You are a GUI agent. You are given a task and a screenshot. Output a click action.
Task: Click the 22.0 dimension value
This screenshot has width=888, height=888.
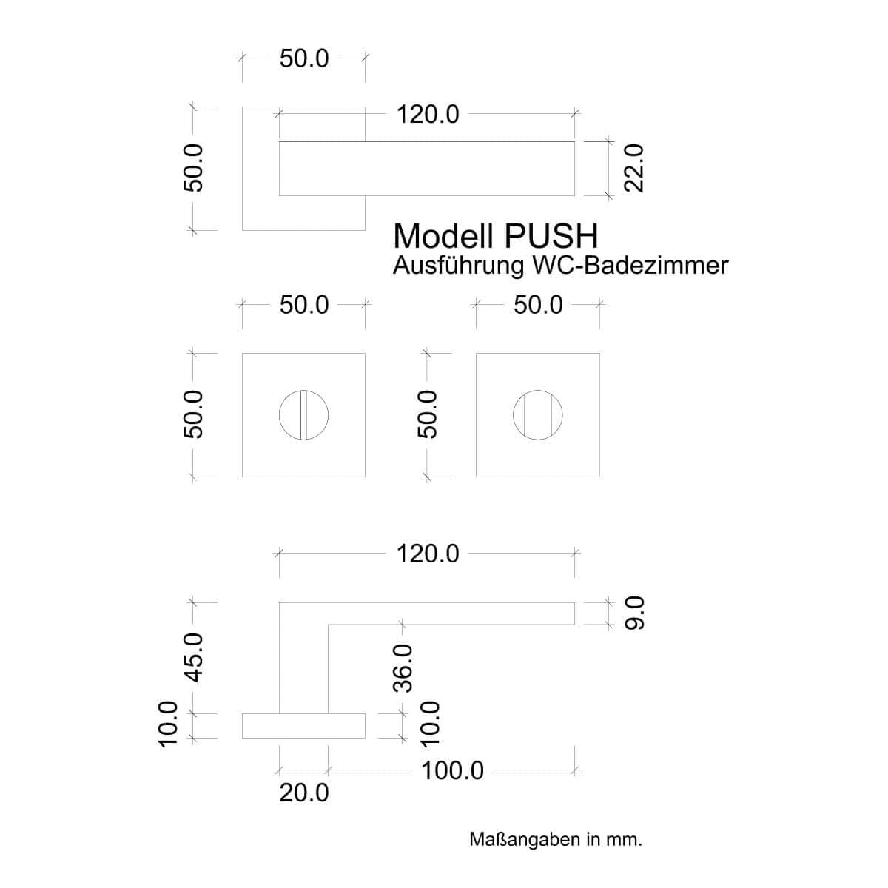click(634, 168)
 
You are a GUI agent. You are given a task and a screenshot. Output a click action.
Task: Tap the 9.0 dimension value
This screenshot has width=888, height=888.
click(635, 613)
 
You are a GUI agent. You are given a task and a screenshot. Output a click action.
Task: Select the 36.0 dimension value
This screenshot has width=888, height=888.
click(403, 667)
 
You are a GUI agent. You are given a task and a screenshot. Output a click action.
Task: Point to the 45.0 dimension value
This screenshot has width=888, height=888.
click(193, 657)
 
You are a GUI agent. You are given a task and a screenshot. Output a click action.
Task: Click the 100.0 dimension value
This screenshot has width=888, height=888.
click(452, 770)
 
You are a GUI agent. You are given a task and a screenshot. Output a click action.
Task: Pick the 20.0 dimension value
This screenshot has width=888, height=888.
click(303, 793)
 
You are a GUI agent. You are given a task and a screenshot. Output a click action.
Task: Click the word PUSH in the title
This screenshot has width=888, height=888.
click(551, 236)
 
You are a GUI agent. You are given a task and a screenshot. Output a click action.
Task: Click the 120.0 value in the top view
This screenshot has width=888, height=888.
click(428, 115)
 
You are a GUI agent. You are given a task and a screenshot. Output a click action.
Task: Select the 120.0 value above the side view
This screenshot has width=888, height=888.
click(428, 554)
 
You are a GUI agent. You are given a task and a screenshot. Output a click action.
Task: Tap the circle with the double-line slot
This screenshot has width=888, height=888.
click(303, 415)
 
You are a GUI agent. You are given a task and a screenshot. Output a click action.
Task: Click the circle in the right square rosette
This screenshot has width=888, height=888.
click(537, 415)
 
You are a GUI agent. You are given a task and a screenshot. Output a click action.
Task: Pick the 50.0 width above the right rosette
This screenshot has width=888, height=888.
click(538, 305)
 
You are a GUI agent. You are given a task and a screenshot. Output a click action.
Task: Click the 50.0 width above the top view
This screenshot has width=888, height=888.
click(303, 58)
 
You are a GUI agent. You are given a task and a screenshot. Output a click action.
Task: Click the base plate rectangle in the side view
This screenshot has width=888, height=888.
click(303, 726)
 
